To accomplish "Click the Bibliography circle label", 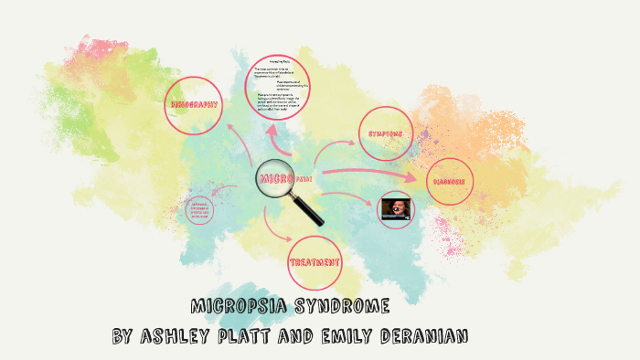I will click(x=195, y=105).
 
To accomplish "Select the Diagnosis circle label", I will click(x=450, y=181).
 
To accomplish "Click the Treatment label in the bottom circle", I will click(x=315, y=261).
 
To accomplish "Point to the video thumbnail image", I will click(x=397, y=208).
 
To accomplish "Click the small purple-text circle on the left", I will click(x=201, y=210).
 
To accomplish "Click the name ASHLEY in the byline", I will click(x=179, y=336).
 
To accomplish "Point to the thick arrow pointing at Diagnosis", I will click(x=366, y=174).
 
